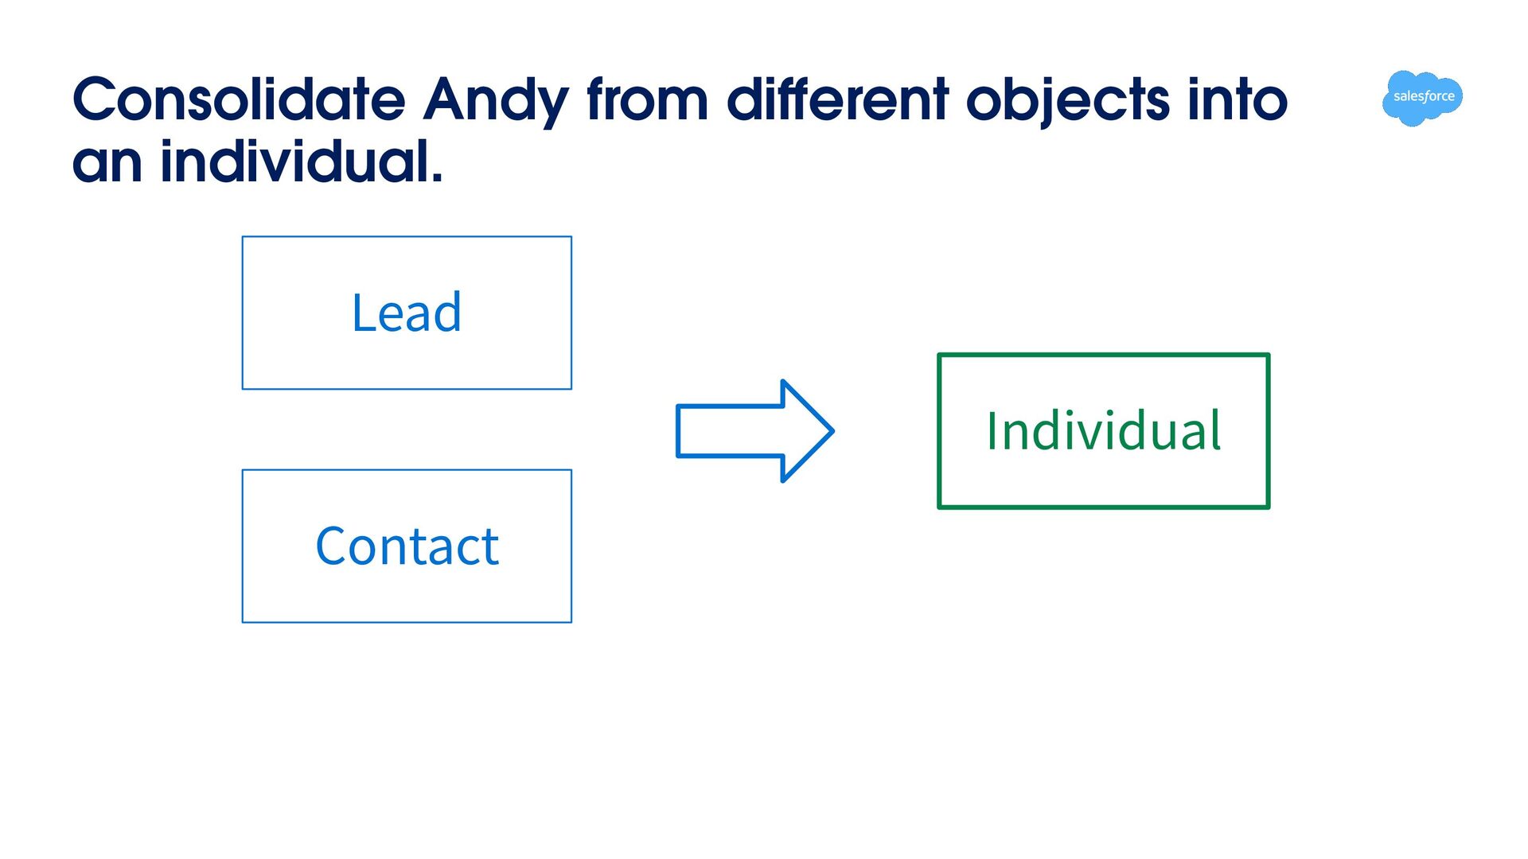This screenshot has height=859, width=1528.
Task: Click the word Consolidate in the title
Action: [x=239, y=100]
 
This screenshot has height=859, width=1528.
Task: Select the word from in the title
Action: [x=647, y=100]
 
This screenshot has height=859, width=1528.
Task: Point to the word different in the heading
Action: [x=838, y=100]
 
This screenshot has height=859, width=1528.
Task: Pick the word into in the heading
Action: [x=1238, y=100]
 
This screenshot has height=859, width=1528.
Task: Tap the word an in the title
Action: [x=107, y=162]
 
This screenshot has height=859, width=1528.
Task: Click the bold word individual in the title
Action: [x=294, y=161]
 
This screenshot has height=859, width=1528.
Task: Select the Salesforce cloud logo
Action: [x=1423, y=98]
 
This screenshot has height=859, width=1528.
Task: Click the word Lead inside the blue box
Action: [x=407, y=313]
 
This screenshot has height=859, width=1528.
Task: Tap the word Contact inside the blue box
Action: [x=407, y=546]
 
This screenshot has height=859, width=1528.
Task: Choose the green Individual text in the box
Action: [x=1104, y=430]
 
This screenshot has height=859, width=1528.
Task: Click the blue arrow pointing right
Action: [x=754, y=431]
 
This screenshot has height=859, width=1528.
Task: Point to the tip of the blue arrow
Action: [x=833, y=431]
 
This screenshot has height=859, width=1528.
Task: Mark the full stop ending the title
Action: [x=436, y=177]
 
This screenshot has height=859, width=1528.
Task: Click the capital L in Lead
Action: [x=364, y=313]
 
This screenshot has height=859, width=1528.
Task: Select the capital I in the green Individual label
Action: [x=992, y=430]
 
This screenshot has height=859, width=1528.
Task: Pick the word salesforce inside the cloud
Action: [x=1424, y=96]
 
